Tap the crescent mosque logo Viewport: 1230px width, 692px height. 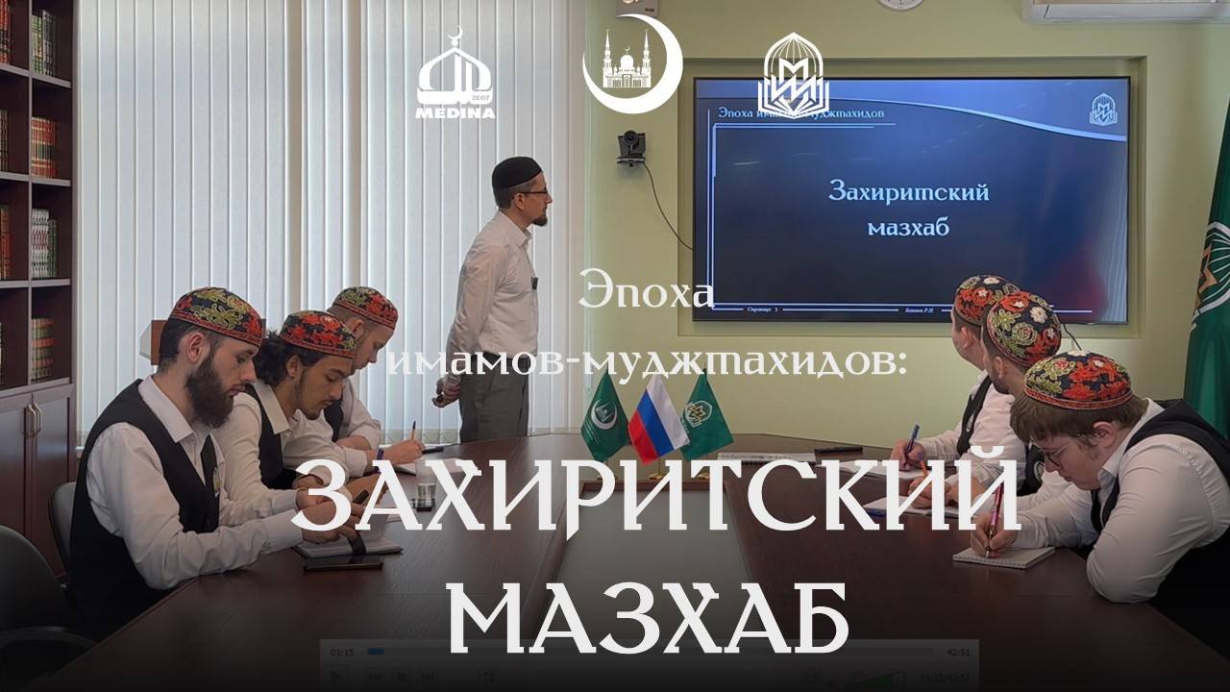[631, 63]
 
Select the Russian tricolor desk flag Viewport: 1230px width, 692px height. [656, 418]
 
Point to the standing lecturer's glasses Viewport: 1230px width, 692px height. [535, 193]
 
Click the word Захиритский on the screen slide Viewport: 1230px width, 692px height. [908, 191]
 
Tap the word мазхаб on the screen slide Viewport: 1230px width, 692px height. [908, 228]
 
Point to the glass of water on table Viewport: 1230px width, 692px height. [424, 491]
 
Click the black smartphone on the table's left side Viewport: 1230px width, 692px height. [342, 563]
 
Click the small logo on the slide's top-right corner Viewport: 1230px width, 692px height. [1102, 109]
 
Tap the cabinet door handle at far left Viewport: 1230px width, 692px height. [33, 419]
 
